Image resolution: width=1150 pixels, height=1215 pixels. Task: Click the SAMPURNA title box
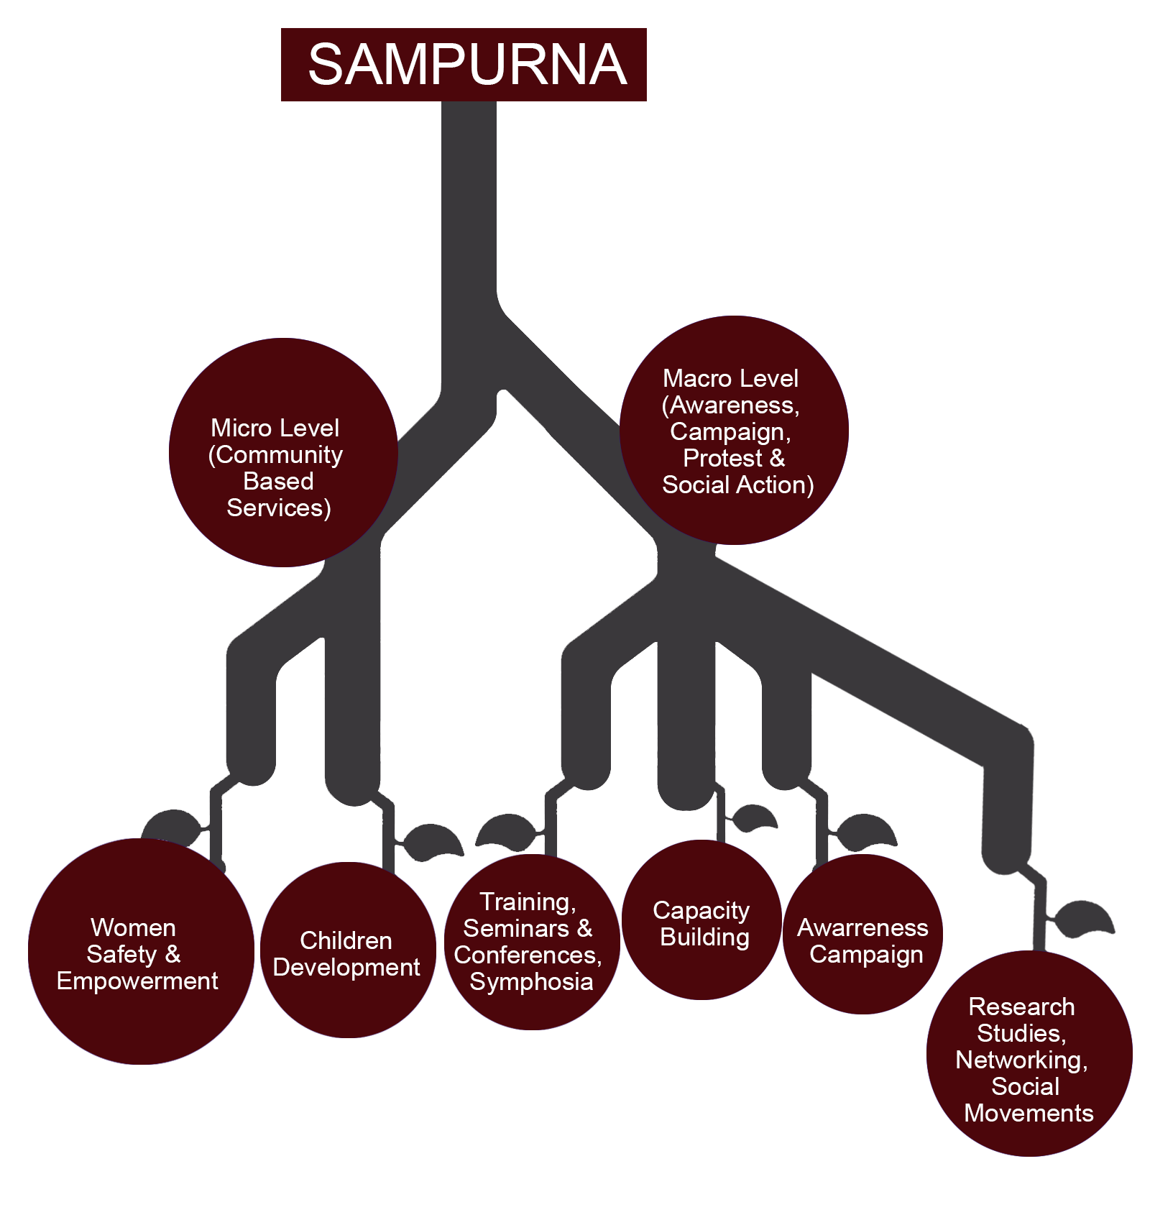[464, 65]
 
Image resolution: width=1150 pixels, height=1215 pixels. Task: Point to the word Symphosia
[531, 982]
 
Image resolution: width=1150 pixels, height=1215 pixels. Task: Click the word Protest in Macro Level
[722, 459]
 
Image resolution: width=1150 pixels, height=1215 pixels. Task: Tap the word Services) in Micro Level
[279, 508]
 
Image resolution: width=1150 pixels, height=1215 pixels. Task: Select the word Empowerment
[137, 981]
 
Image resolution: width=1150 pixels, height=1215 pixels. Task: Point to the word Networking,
[1021, 1060]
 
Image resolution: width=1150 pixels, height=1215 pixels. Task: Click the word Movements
[1029, 1114]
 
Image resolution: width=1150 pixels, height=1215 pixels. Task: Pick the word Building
[704, 937]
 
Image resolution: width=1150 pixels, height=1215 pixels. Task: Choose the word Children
[346, 940]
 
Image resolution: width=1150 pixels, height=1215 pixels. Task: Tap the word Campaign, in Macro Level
[730, 432]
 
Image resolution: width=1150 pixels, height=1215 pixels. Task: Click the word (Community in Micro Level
[275, 455]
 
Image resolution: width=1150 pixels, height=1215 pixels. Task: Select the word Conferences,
[528, 955]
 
